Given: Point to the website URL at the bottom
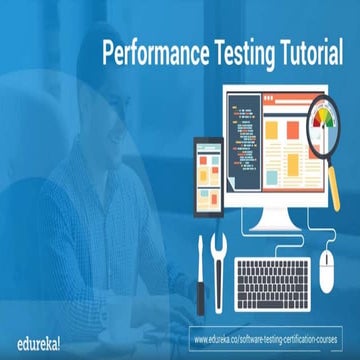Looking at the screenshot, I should (270, 329).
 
